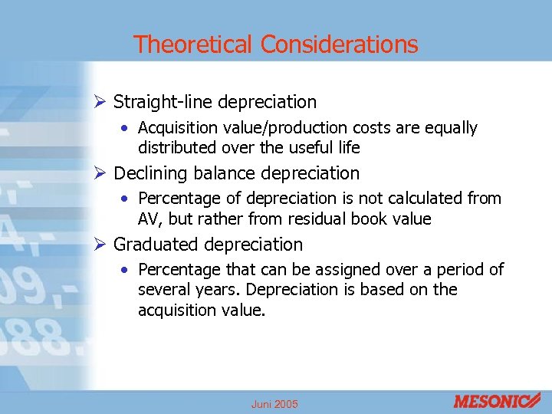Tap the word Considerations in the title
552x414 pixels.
click(339, 44)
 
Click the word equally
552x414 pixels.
click(449, 128)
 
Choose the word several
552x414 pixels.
click(163, 290)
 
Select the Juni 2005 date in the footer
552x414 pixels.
click(274, 404)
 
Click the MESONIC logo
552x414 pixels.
click(496, 400)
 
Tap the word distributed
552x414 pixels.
click(177, 147)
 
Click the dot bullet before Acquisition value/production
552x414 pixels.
click(125, 128)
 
